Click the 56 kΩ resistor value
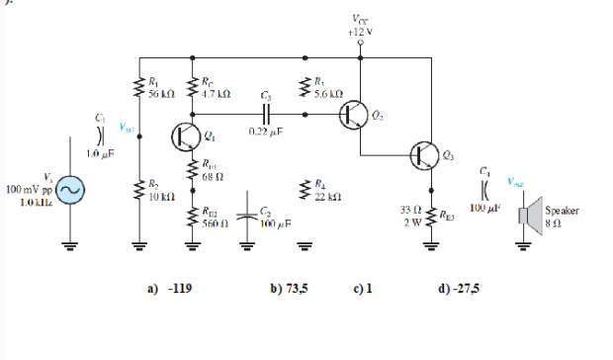[161, 93]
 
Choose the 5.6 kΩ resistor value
[328, 93]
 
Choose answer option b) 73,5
[289, 291]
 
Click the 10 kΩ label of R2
[160, 195]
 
